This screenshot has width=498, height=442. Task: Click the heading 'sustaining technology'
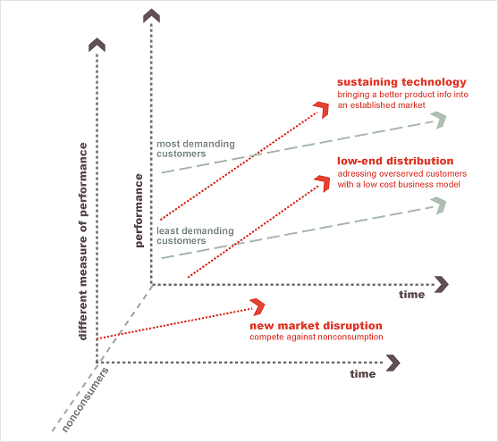click(x=401, y=82)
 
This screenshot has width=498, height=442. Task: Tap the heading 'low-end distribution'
click(x=395, y=161)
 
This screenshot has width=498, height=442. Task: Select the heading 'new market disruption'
click(x=316, y=326)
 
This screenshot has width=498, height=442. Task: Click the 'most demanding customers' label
click(x=196, y=149)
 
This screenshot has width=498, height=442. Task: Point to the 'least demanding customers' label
click(x=195, y=236)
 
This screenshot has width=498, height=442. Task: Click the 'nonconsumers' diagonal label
click(x=85, y=400)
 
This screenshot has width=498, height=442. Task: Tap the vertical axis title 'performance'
click(x=139, y=211)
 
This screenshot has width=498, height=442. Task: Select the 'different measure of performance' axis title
click(x=83, y=241)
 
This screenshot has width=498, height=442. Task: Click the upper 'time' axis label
click(x=412, y=295)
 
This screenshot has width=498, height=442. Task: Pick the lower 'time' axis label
click(x=363, y=374)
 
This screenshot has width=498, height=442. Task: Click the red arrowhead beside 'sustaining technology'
click(x=322, y=110)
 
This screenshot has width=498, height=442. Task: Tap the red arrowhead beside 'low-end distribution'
click(x=323, y=183)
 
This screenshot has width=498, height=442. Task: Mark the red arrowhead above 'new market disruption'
click(x=257, y=307)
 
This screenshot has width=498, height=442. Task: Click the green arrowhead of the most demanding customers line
click(x=439, y=120)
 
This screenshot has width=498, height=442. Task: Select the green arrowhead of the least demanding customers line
click(x=439, y=205)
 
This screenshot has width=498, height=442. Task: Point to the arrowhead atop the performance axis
click(x=151, y=15)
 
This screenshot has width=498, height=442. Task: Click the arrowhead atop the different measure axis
click(x=97, y=45)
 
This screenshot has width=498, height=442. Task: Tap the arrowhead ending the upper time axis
click(x=442, y=284)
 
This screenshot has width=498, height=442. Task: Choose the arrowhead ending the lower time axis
click(x=393, y=363)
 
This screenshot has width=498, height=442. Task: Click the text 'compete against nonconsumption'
click(x=317, y=337)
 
